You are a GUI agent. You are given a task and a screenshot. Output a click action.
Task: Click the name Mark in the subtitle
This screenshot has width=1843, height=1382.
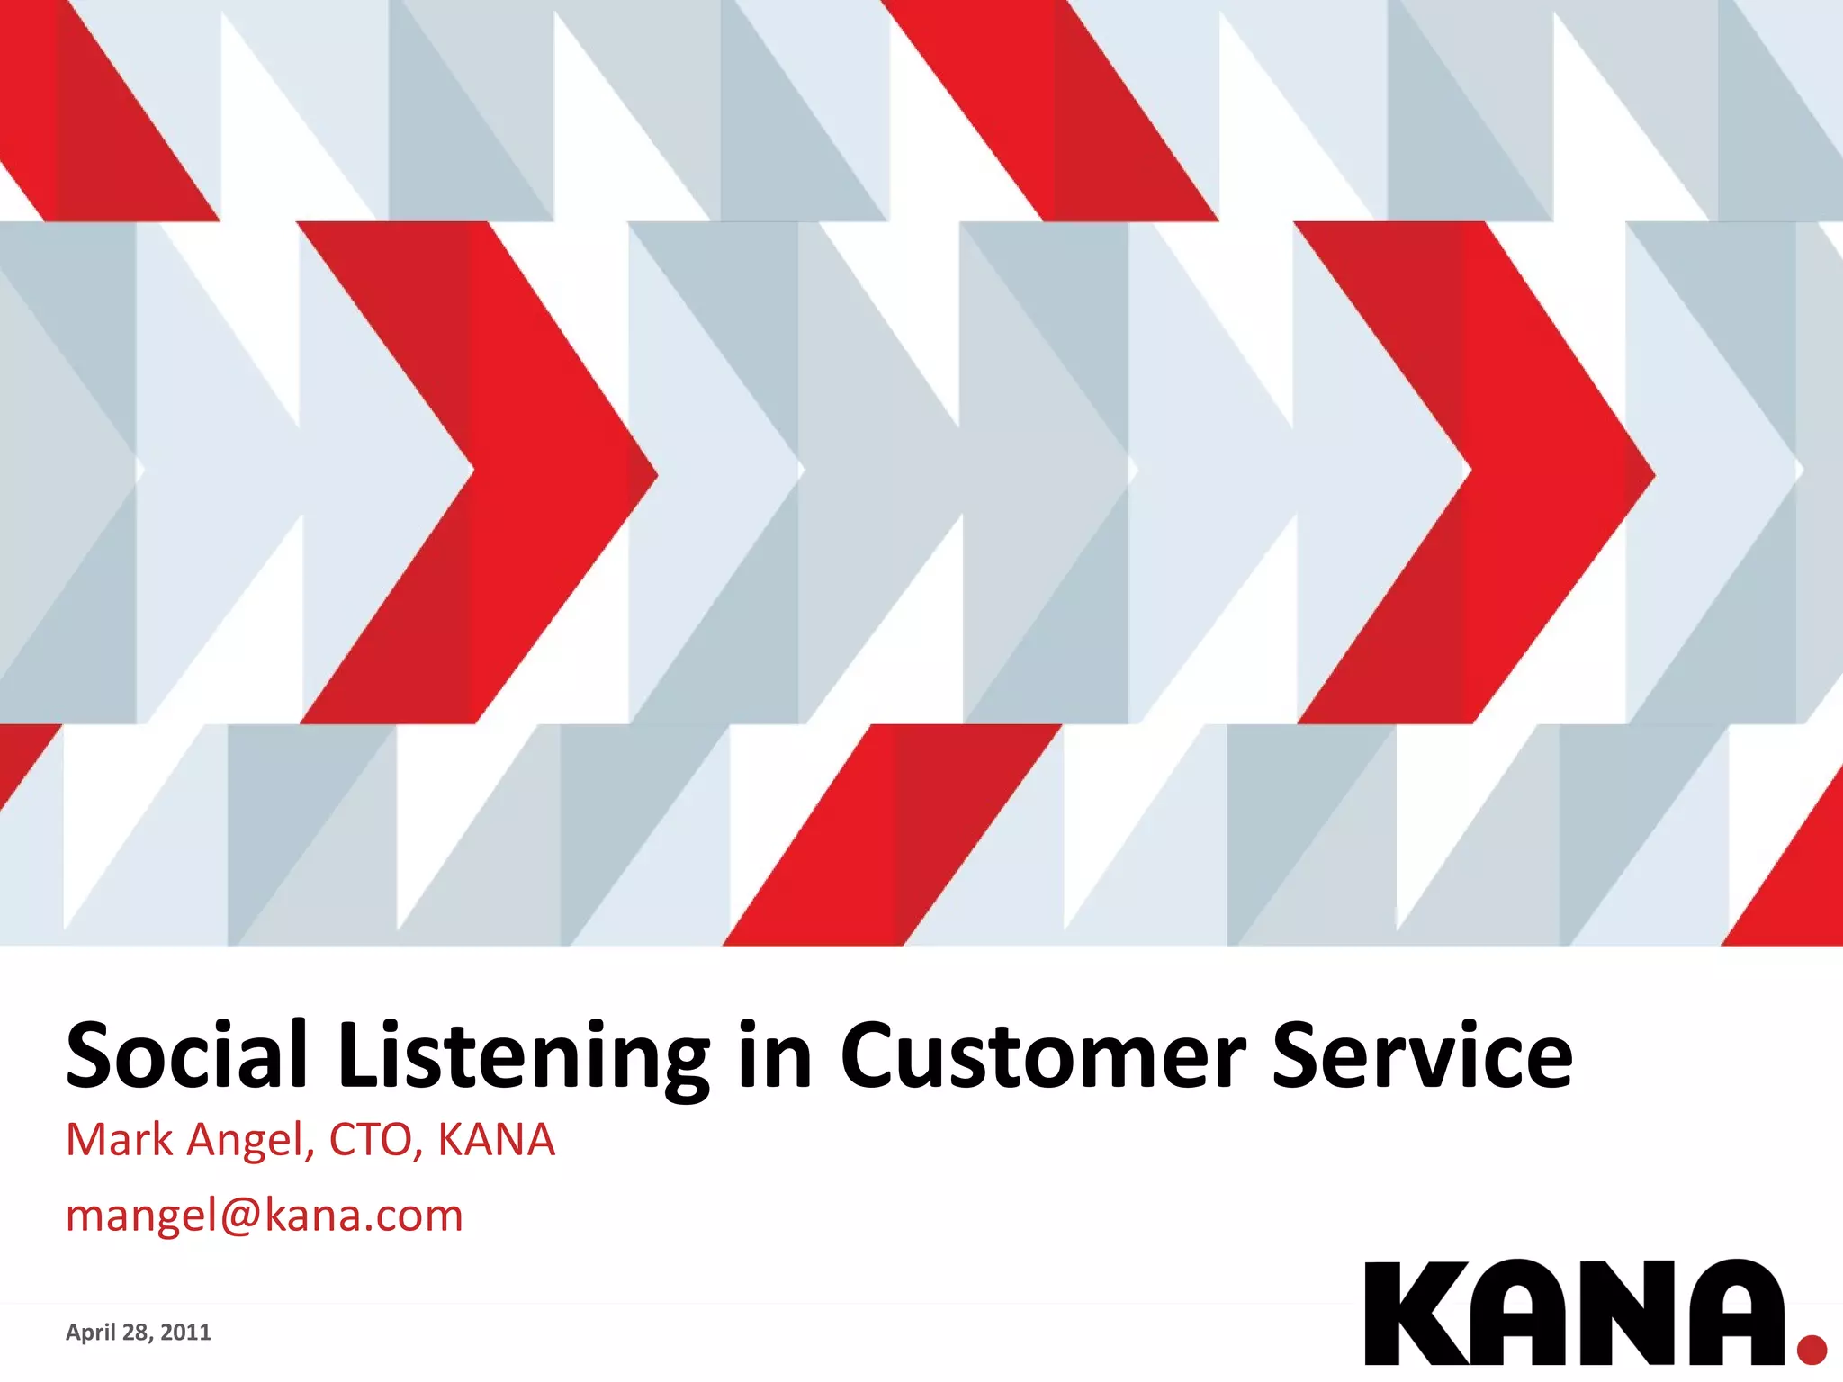[119, 1140]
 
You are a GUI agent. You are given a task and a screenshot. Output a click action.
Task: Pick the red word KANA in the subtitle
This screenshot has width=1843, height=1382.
[496, 1140]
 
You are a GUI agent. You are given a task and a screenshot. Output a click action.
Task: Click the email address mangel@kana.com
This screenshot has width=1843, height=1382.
[265, 1216]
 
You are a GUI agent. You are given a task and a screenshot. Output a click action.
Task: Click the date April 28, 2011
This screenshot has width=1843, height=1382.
[138, 1333]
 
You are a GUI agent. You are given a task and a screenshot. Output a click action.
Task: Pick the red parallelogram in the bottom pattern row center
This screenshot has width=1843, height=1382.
[891, 835]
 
